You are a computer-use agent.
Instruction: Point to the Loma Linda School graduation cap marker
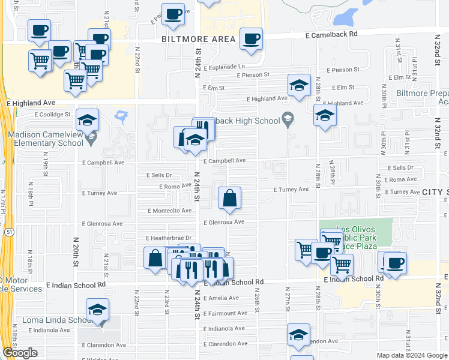pos(97,310)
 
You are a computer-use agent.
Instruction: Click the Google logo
pos(20,353)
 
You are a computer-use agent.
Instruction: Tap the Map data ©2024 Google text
pos(411,355)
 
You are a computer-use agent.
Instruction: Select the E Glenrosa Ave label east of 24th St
pos(223,222)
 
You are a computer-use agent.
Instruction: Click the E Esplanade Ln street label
pos(224,67)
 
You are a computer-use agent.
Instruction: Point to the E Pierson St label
pos(257,76)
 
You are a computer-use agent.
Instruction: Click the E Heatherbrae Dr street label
pos(163,238)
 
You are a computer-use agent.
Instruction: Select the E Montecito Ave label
pos(170,211)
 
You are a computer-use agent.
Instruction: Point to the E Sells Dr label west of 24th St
pos(159,175)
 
